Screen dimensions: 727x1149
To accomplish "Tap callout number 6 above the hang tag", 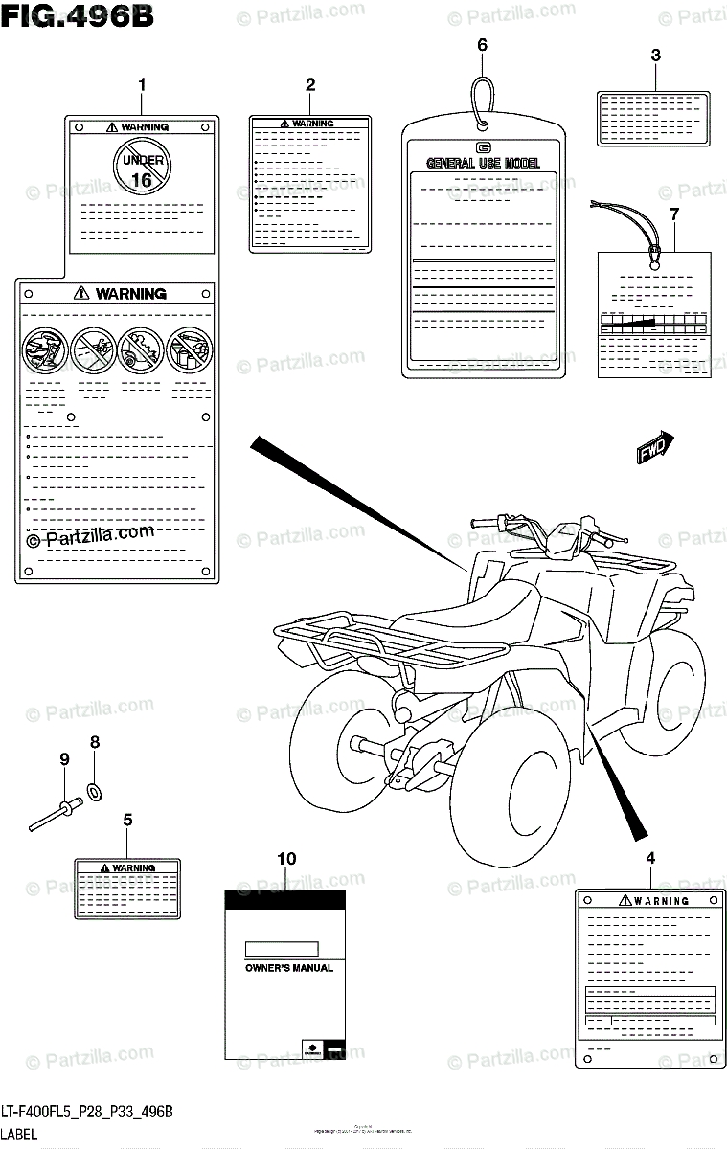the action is point(482,45).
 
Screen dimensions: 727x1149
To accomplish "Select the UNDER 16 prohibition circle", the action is point(140,164).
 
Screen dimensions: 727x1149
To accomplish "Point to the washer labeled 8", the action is point(96,791).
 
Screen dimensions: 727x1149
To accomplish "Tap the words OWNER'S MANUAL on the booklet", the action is point(283,968).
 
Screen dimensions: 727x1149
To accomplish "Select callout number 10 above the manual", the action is point(286,859).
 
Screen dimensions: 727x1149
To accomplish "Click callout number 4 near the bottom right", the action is point(651,858).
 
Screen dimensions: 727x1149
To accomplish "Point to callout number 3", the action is point(655,56).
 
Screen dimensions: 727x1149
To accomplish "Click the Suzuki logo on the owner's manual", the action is point(309,1048).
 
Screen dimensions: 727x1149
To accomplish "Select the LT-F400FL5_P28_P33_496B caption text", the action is point(86,1111).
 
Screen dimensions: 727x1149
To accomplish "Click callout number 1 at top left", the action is point(142,85).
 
